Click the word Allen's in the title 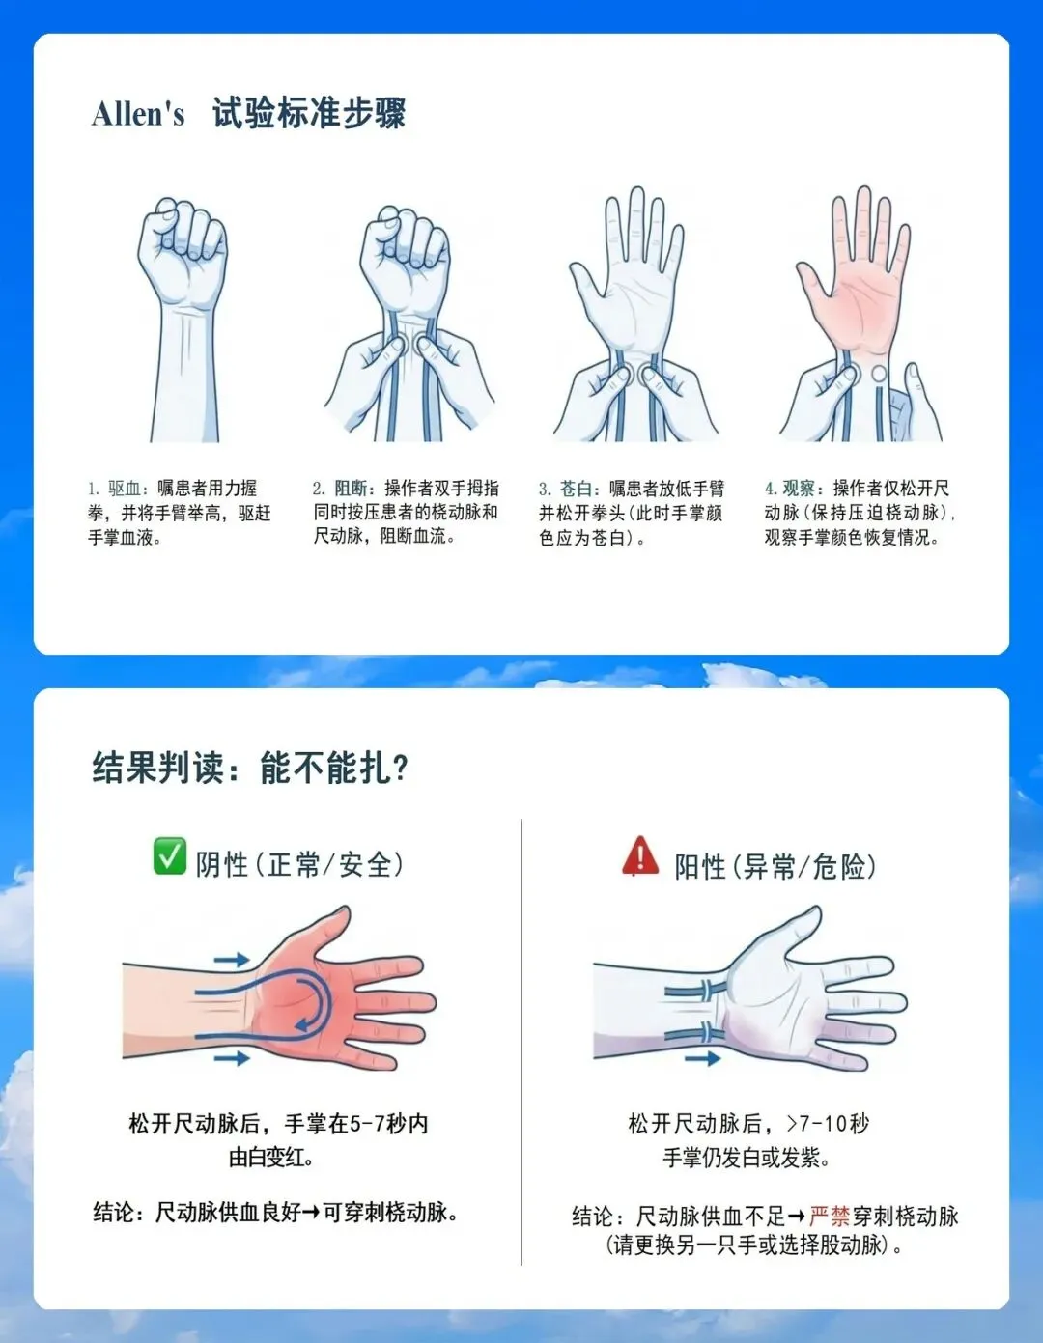(x=138, y=114)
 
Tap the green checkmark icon (x=169, y=856)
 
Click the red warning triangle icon (x=640, y=856)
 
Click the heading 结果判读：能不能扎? (x=250, y=768)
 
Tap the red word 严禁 (x=830, y=1216)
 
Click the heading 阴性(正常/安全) (x=299, y=864)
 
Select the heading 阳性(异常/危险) (x=775, y=866)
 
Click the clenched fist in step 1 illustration (x=183, y=250)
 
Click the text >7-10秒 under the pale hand (x=829, y=1123)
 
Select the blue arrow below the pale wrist (x=703, y=1059)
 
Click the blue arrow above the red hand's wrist (x=232, y=959)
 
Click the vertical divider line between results (x=522, y=1042)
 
